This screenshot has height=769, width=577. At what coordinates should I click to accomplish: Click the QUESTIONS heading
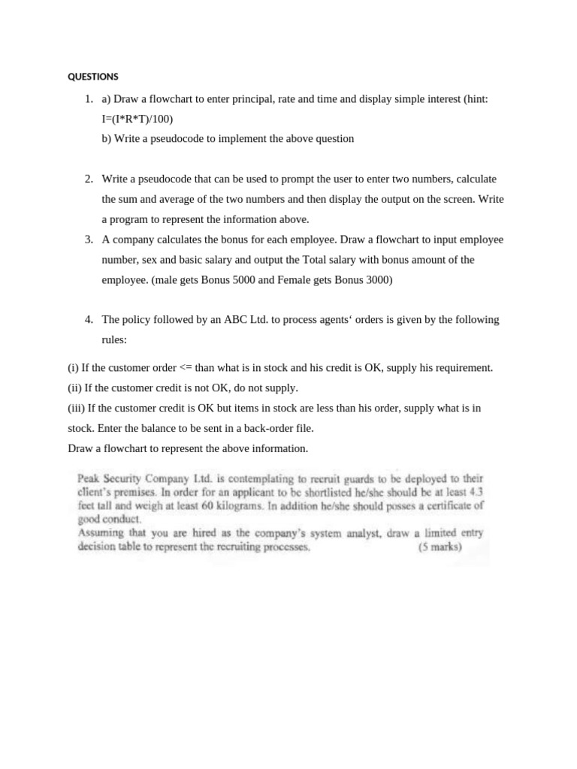click(x=93, y=77)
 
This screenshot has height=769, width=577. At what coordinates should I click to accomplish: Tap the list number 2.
click(x=88, y=179)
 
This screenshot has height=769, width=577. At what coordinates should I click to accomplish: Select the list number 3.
click(x=88, y=240)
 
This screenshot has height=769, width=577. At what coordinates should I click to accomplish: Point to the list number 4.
click(x=88, y=319)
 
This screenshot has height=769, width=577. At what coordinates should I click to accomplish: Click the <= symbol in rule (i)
click(x=186, y=368)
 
